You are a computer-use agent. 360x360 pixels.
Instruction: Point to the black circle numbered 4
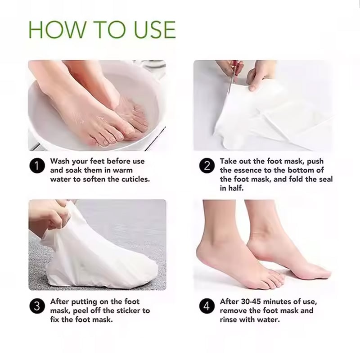click(207, 307)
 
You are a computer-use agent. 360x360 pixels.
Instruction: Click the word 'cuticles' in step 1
click(135, 179)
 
